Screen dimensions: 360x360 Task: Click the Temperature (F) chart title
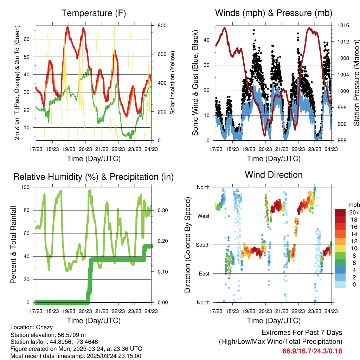[x=94, y=13]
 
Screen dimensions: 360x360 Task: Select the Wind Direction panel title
[x=274, y=174]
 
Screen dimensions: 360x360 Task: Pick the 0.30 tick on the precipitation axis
[x=161, y=210]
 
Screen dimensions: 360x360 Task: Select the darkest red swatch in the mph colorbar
[x=340, y=212]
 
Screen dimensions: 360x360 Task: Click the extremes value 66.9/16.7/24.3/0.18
[x=312, y=351]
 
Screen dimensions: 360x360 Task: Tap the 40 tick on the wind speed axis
[x=207, y=40]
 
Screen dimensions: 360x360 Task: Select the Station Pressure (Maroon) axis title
[x=356, y=83]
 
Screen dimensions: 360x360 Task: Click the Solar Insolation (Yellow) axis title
[x=173, y=83]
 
